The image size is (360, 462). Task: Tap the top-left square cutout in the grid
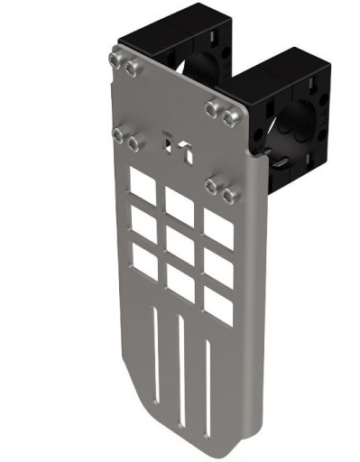(x=142, y=185)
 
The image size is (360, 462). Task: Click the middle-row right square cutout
(x=218, y=268)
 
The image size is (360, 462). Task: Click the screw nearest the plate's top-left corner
(x=115, y=60)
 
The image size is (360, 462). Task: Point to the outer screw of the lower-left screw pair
(x=117, y=134)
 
